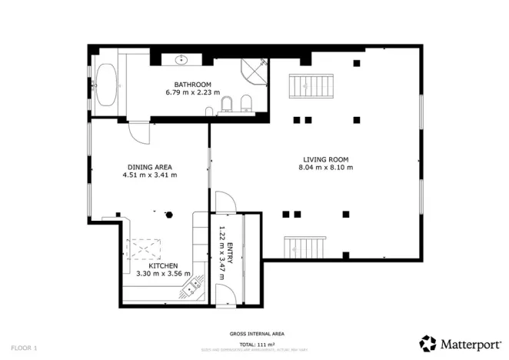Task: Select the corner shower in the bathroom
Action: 255,71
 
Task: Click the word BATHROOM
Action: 192,85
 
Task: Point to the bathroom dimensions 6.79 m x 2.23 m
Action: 192,92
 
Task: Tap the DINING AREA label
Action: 149,167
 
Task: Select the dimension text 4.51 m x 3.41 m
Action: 149,175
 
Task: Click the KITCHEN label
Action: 163,265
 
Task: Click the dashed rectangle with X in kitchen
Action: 145,248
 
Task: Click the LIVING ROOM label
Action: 324,159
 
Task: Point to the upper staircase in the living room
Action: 311,84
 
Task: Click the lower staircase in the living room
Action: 306,248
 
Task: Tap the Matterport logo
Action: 460,343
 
